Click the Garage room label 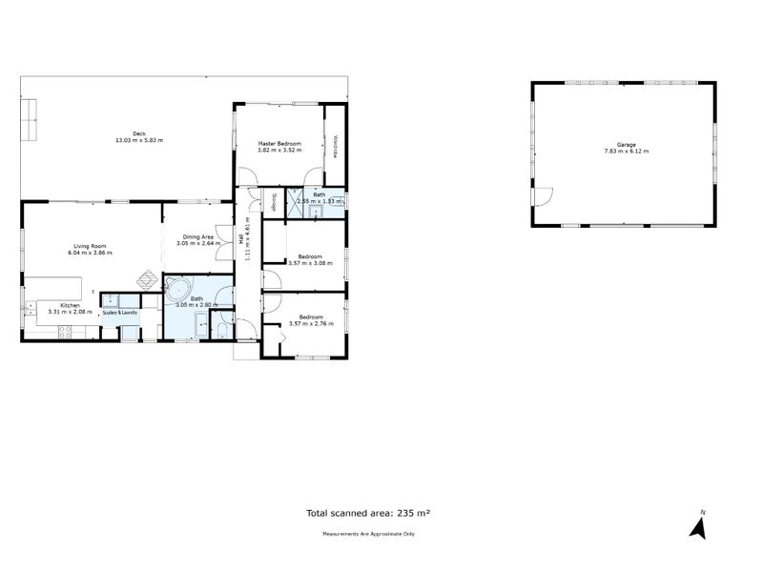point(626,145)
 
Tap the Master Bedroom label point(279,144)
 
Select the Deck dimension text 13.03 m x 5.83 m point(139,140)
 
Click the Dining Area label point(197,236)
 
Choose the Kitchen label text point(71,305)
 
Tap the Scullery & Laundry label point(121,312)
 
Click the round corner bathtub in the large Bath point(177,292)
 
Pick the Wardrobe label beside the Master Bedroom point(336,146)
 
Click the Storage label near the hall point(275,201)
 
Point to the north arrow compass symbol point(698,526)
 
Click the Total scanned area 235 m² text point(367,513)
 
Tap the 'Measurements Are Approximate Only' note point(368,534)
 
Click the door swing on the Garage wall point(541,197)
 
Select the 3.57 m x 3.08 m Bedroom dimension point(311,263)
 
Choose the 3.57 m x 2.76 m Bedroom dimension point(311,324)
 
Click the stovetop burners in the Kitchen point(66,332)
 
